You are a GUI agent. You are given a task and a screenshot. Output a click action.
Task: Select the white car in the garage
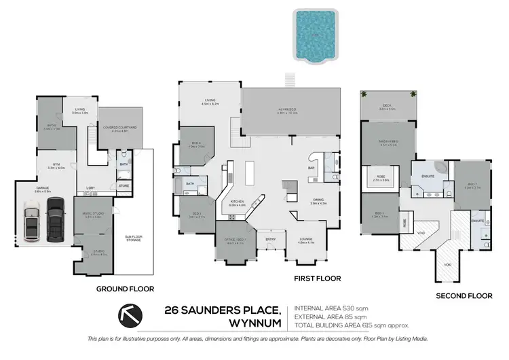click(x=33, y=222)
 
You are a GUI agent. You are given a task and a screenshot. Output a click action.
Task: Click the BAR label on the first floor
click(x=312, y=167)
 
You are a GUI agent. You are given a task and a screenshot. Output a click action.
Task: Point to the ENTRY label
click(x=271, y=239)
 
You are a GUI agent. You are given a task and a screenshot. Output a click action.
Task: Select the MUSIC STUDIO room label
click(x=92, y=214)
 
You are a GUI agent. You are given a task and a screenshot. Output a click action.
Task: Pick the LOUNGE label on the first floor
click(x=307, y=239)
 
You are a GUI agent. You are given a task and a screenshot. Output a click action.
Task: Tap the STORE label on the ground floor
click(x=124, y=184)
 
